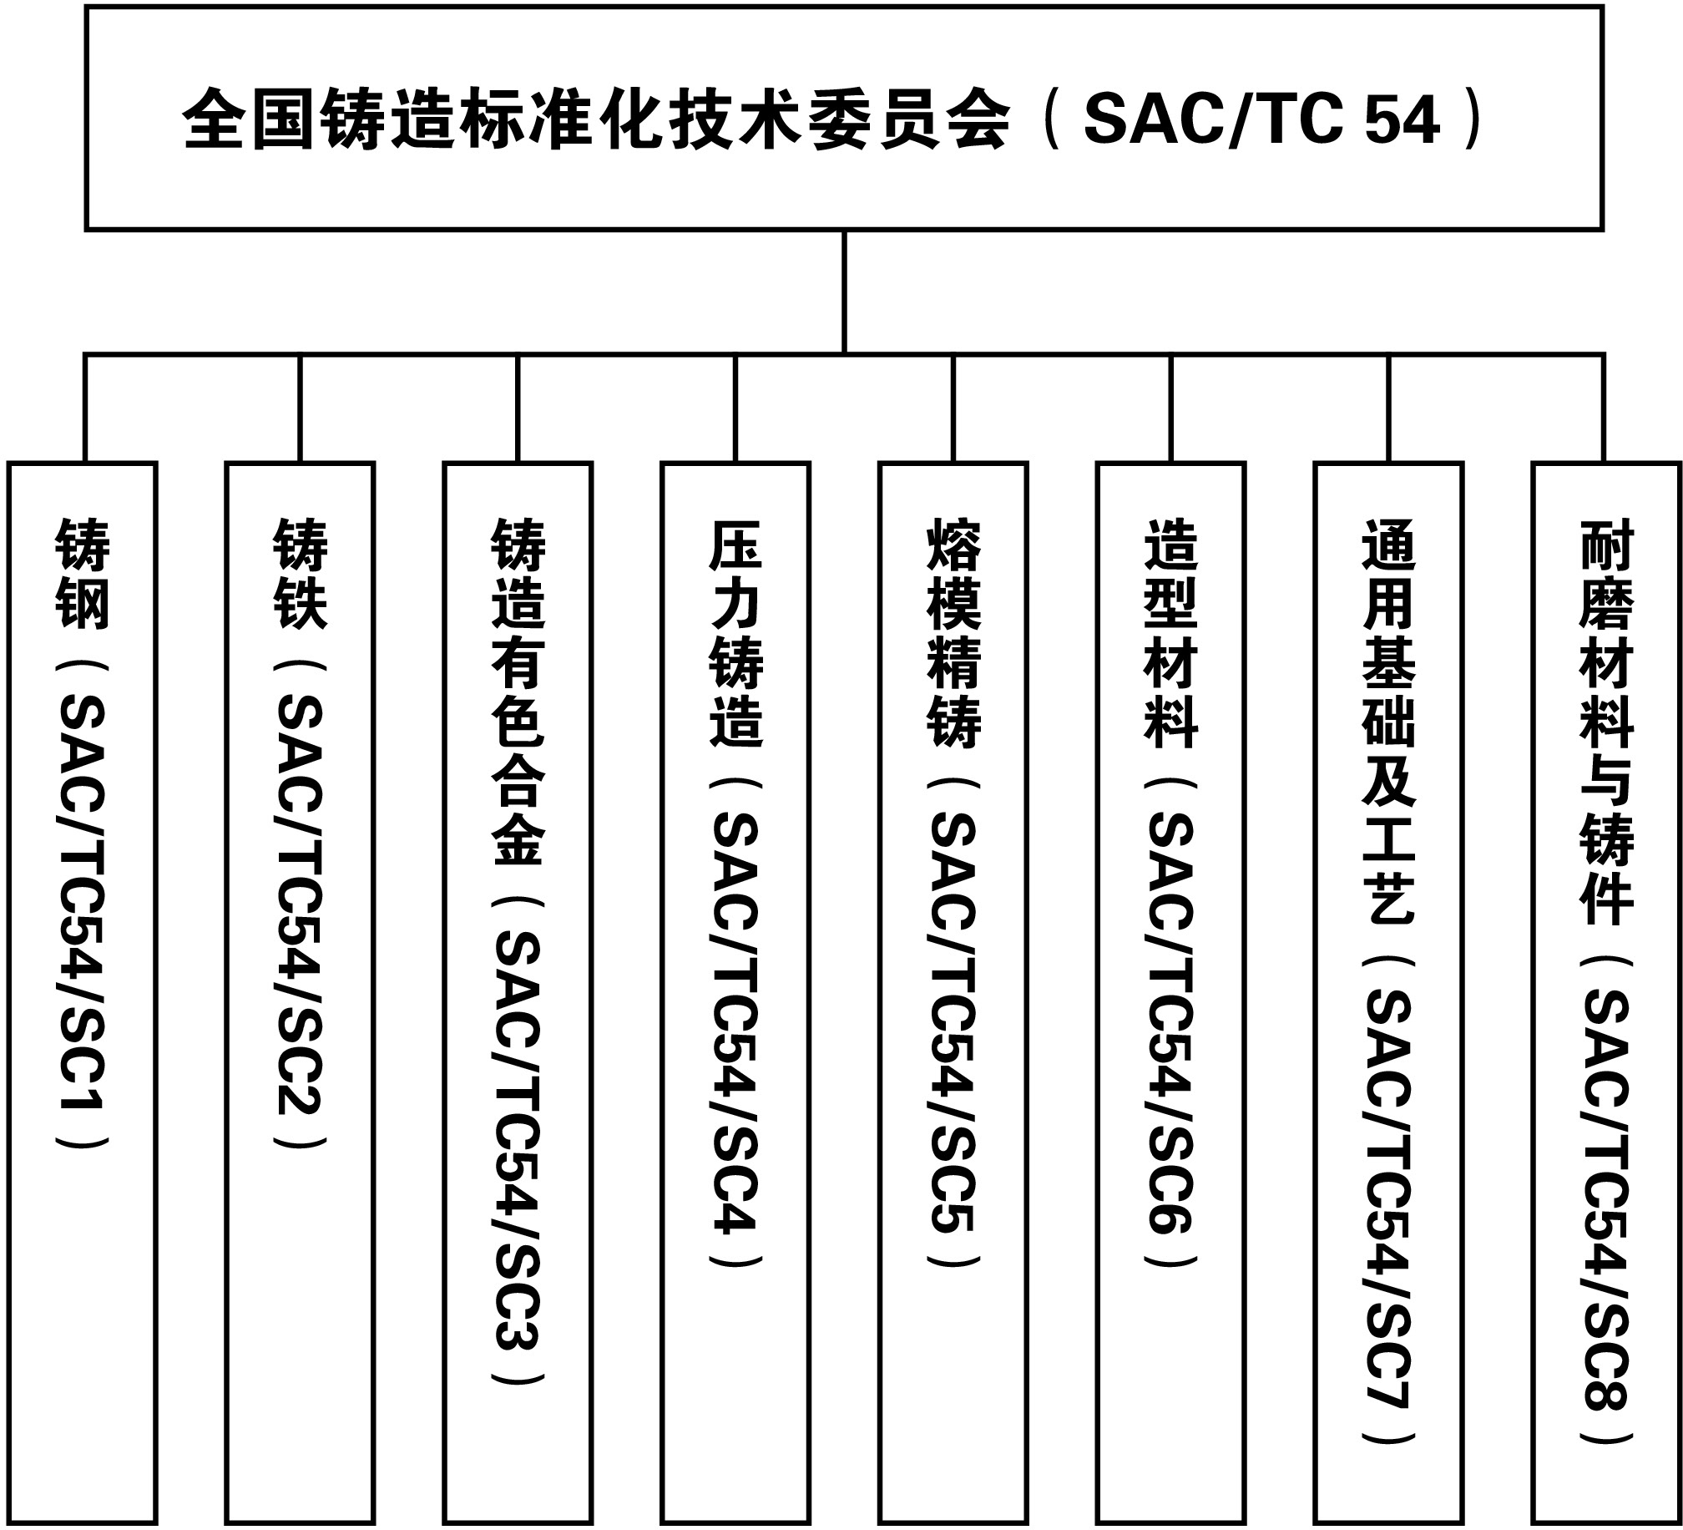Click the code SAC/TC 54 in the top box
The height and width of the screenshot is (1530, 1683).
pos(1261,119)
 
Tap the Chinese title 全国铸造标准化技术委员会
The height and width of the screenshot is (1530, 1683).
pos(596,119)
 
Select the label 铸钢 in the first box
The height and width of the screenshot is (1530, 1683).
pos(82,574)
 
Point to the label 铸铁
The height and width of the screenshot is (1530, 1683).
pos(300,574)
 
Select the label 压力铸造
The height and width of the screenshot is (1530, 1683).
pos(735,633)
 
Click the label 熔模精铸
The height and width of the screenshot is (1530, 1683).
pos(953,633)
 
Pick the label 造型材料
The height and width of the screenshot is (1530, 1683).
pos(1171,633)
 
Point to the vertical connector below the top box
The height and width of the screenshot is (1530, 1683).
pos(844,291)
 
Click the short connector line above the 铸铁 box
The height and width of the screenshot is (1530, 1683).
pos(300,408)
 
